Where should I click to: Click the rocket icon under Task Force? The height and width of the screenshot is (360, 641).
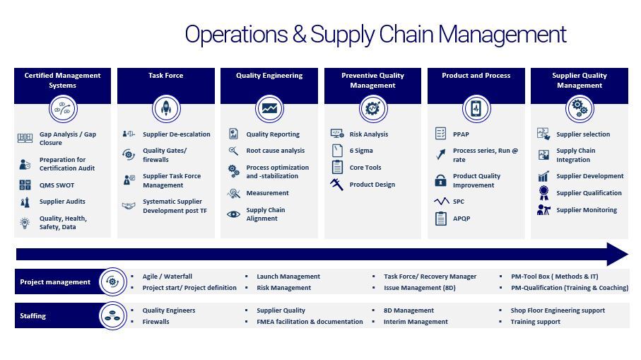point(166,108)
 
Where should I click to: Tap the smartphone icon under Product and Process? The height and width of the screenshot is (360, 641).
point(476,109)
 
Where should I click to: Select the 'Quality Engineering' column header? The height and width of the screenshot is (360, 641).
point(269,76)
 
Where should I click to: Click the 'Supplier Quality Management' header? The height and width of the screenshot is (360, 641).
point(580,80)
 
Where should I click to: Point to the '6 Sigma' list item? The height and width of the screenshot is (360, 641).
point(361,151)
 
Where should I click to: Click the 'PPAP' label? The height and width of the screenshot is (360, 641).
point(461,134)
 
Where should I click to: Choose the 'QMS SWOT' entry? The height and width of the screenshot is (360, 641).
point(57,185)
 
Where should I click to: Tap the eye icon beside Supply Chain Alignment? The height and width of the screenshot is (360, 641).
point(233,214)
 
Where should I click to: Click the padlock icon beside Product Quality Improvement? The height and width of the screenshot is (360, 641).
point(440,180)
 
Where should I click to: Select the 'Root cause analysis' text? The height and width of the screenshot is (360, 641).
point(275,151)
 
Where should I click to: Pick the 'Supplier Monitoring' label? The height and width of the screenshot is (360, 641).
point(587,210)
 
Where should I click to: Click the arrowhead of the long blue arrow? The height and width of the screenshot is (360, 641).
point(617,254)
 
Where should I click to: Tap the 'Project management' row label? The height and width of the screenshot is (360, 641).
point(55,282)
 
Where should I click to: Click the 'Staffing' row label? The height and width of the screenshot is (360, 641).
point(33,316)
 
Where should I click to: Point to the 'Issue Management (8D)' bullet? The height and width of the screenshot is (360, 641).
point(419,288)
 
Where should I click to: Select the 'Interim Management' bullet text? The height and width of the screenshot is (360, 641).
point(416,322)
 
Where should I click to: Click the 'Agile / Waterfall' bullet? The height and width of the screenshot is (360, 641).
point(167,277)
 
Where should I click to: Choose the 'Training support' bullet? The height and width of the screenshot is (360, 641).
point(535,322)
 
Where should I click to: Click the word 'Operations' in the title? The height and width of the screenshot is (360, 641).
point(236,35)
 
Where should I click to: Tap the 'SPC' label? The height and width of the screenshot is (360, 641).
point(458,202)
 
